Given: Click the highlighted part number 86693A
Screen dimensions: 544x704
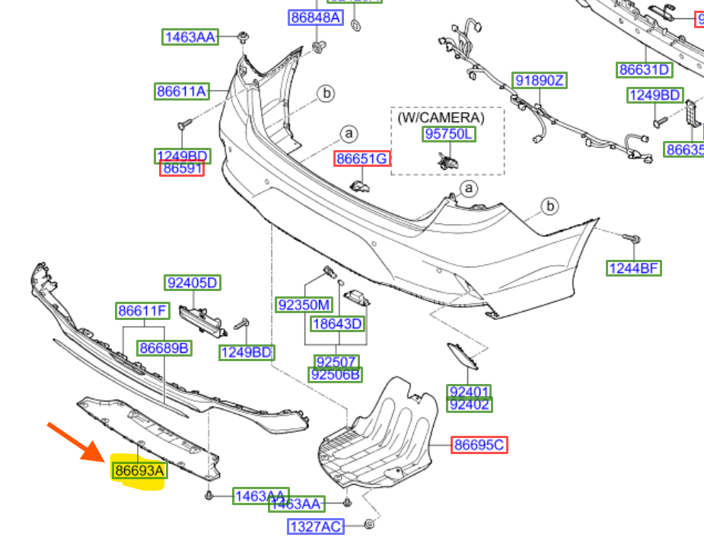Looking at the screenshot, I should point(139,471).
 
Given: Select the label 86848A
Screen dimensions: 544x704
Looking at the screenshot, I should point(315,17).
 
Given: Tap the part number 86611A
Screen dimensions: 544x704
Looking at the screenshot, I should point(181,91).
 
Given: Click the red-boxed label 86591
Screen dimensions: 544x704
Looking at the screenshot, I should point(182,168).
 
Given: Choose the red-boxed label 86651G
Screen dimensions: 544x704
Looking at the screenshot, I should point(362,158).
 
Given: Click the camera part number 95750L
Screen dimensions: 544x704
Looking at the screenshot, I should point(448,134).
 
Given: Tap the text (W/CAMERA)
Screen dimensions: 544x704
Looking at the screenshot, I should point(441,117).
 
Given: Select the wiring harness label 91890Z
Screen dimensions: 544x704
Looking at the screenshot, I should point(540,81).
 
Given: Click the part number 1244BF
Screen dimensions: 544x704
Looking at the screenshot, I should point(634,267).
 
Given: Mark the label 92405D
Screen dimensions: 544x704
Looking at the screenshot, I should point(192,283).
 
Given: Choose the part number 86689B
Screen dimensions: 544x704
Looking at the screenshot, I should point(164,348).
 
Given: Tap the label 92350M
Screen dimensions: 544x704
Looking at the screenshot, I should point(304,306).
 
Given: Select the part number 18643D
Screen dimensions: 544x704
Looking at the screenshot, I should point(337,324).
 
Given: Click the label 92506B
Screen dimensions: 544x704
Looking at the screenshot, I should point(336,374).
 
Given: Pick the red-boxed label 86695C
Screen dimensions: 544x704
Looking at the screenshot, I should point(479,444).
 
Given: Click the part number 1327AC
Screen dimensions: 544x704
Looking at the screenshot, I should point(315,526).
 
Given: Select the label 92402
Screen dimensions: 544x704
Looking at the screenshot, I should point(470,405).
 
